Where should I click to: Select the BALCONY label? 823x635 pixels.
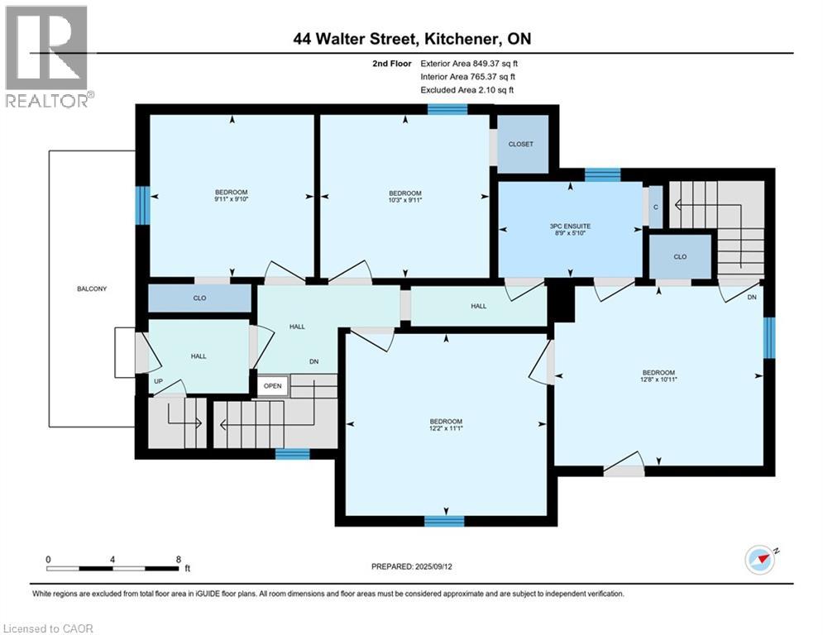point(92,289)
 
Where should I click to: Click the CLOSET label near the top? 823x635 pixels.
point(521,144)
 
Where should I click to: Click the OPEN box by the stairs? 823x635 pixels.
point(273,386)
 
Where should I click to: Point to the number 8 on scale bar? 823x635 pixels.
point(179,559)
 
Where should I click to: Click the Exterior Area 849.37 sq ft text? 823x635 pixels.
point(469,63)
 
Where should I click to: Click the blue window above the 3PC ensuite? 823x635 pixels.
point(602,174)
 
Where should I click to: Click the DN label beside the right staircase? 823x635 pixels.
point(752,297)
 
